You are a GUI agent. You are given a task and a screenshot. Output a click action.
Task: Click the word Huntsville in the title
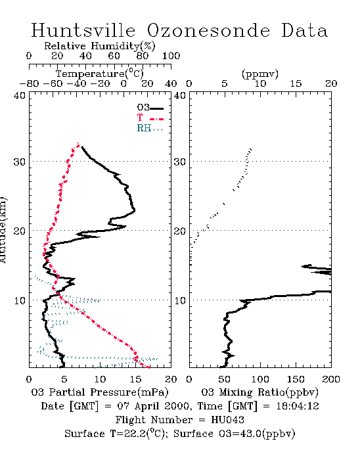point(83,30)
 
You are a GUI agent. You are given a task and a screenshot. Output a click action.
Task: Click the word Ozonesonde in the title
point(208,30)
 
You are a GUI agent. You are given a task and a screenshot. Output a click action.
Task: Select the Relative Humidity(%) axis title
point(100,46)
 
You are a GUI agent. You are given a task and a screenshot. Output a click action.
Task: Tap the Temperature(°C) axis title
point(100,74)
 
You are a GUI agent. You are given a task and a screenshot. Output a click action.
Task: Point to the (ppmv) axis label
point(260,74)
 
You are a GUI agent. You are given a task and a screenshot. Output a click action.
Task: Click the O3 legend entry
point(150,108)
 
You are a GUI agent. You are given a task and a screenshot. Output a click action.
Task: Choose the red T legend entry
point(150,118)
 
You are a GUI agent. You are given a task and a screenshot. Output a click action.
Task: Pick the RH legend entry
point(150,128)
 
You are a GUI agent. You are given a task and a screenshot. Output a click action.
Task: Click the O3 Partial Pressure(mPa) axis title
point(100,392)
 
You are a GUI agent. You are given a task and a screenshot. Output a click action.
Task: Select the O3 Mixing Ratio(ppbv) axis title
point(259,392)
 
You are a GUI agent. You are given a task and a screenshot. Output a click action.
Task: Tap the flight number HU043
point(227,419)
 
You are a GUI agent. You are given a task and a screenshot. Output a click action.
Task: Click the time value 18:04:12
point(298,406)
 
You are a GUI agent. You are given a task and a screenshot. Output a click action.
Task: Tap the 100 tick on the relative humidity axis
point(171,56)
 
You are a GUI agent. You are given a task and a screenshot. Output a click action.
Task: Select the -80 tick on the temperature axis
point(29,83)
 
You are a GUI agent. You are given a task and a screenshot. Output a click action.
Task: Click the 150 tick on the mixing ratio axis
point(296,379)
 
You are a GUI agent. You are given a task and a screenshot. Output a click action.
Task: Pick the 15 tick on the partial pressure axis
point(135,379)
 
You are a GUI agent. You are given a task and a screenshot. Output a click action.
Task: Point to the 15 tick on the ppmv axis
point(296,83)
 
